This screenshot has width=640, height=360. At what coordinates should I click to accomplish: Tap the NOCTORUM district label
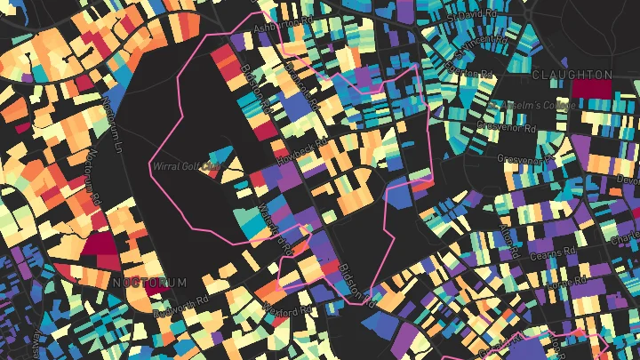point(151,282)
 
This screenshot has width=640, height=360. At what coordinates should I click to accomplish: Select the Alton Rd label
point(508,236)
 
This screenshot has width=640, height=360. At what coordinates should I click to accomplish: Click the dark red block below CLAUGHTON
point(591,89)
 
